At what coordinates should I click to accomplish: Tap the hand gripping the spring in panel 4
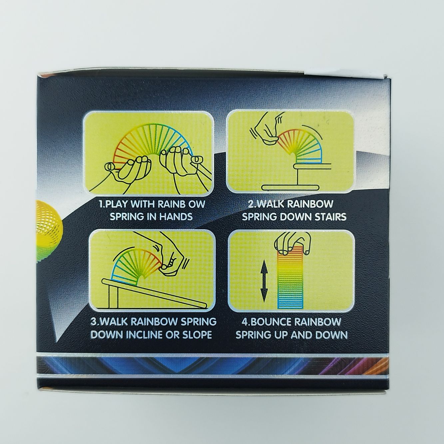tap(293, 244)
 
